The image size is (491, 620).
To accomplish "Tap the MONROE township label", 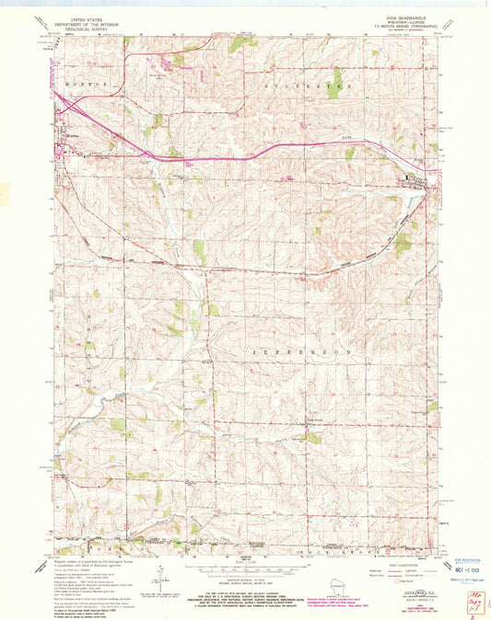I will point(81,83).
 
